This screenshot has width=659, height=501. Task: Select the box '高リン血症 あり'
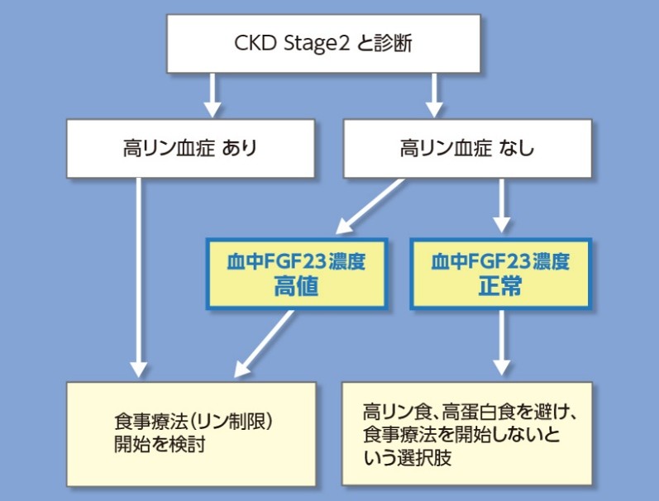tap(190, 149)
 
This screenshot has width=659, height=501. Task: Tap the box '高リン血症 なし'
tap(467, 149)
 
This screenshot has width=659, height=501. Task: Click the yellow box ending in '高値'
tap(296, 274)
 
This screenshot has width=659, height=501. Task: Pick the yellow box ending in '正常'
tap(501, 274)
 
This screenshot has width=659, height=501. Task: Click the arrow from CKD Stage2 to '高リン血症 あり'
tap(213, 94)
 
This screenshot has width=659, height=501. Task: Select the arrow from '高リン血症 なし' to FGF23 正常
tap(501, 207)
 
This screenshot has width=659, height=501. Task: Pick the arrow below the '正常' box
tap(501, 341)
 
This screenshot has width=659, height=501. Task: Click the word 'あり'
tap(240, 150)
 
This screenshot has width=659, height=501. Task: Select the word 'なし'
tap(517, 150)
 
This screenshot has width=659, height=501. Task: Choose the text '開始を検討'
tap(160, 445)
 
